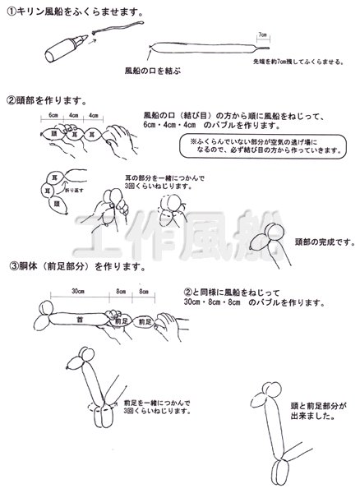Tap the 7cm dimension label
[x=262, y=35]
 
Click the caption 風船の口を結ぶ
[x=152, y=71]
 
